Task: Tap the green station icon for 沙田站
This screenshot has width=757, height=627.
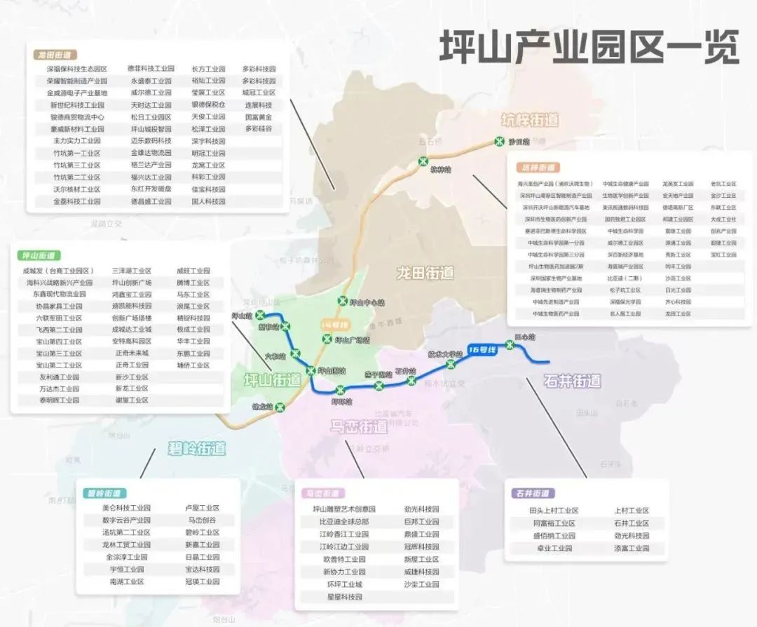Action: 500,141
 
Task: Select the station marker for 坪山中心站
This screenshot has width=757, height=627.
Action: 343,302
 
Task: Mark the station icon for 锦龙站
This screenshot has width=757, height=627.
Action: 279,407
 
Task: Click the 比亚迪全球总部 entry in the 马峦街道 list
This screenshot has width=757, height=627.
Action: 344,522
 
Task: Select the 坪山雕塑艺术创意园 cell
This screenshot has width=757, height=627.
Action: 344,509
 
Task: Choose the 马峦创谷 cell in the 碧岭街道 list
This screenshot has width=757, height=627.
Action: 202,520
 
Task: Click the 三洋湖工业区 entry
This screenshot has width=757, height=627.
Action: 132,271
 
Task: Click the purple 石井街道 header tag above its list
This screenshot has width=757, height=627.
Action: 532,494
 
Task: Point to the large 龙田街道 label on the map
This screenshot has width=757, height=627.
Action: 425,273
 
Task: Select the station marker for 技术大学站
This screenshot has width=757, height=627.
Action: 451,363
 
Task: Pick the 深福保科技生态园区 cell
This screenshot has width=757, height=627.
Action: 77,69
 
